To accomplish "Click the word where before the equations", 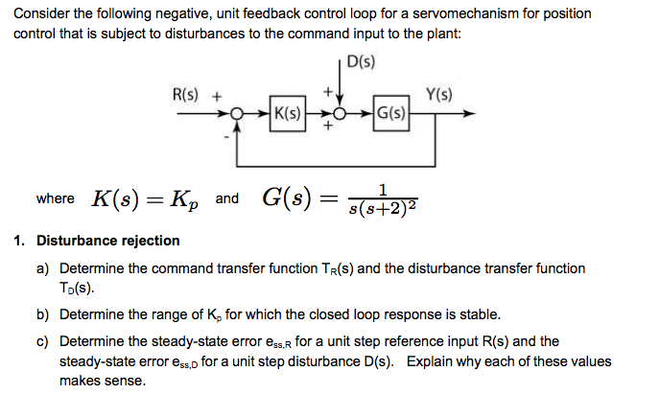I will [55, 198].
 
